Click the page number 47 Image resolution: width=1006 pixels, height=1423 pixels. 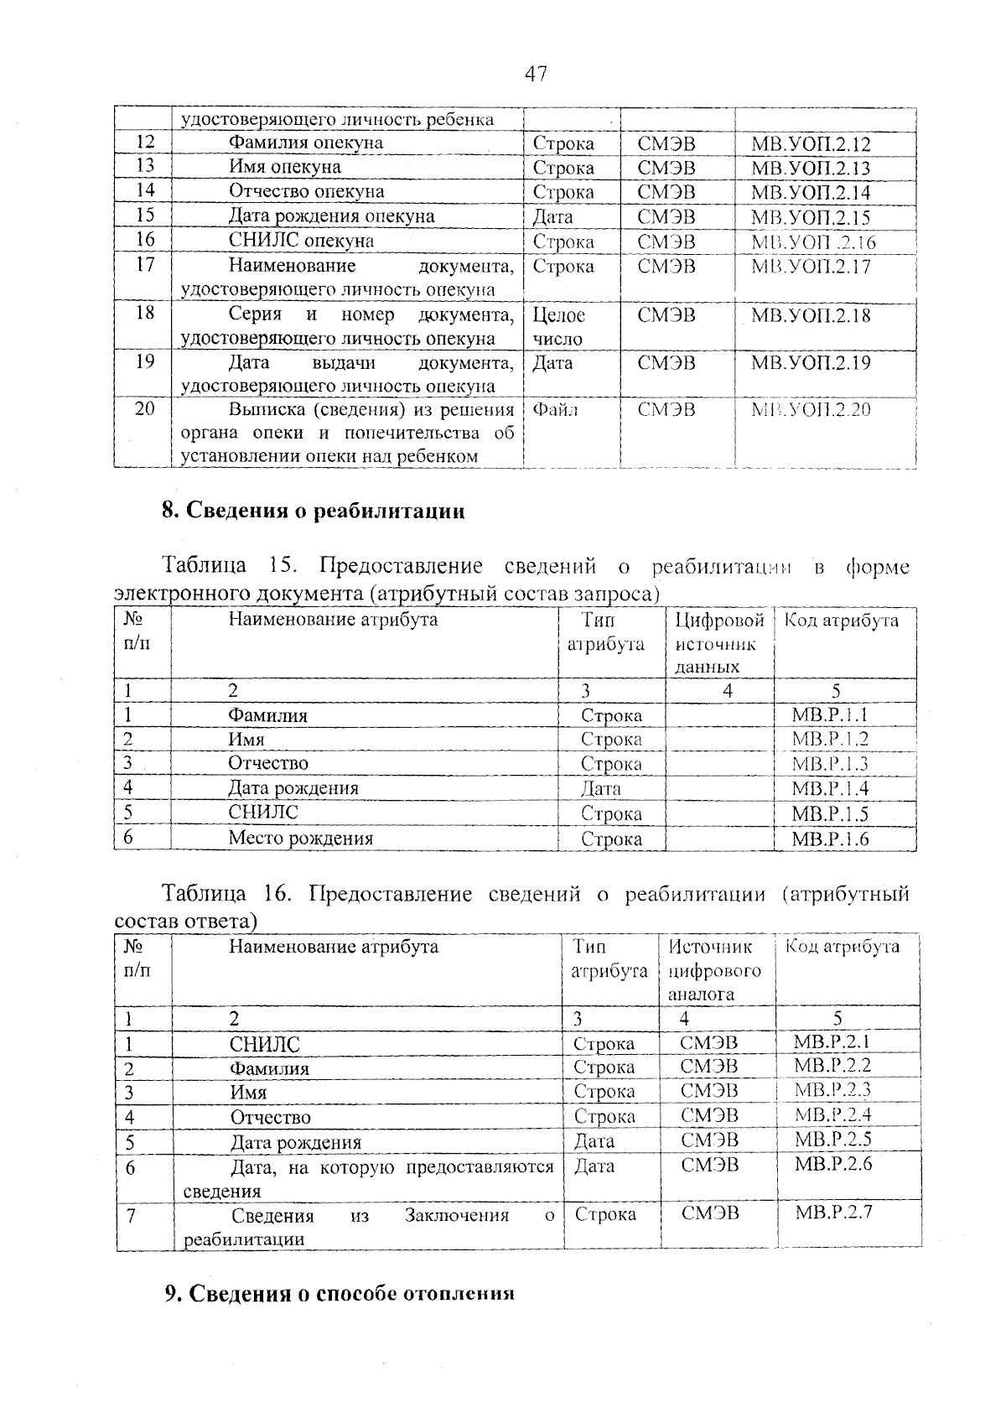[x=536, y=74]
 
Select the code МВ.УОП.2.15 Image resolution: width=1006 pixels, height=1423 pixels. [x=810, y=217]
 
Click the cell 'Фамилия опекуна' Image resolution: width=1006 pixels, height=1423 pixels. [x=306, y=143]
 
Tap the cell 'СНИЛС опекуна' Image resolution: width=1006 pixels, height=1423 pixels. [x=302, y=241]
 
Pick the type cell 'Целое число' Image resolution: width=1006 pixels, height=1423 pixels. [x=558, y=327]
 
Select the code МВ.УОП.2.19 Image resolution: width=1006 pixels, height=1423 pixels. [x=810, y=363]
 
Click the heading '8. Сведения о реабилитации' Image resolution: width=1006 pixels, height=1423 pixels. [x=313, y=511]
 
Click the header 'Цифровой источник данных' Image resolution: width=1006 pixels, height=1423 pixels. [x=719, y=643]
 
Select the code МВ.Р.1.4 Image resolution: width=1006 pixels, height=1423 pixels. [x=830, y=788]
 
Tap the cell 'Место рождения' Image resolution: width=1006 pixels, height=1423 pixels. [x=300, y=838]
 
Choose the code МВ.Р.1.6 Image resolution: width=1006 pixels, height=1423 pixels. [x=830, y=838]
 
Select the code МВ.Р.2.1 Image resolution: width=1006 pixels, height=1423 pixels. [x=832, y=1042]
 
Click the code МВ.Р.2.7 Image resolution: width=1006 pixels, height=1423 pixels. [x=832, y=1213]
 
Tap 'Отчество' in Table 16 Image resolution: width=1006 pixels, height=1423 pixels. [x=271, y=1117]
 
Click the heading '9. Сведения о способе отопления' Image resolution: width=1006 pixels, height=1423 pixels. [x=339, y=1294]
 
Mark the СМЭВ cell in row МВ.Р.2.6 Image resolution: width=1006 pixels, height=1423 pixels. [x=710, y=1164]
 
